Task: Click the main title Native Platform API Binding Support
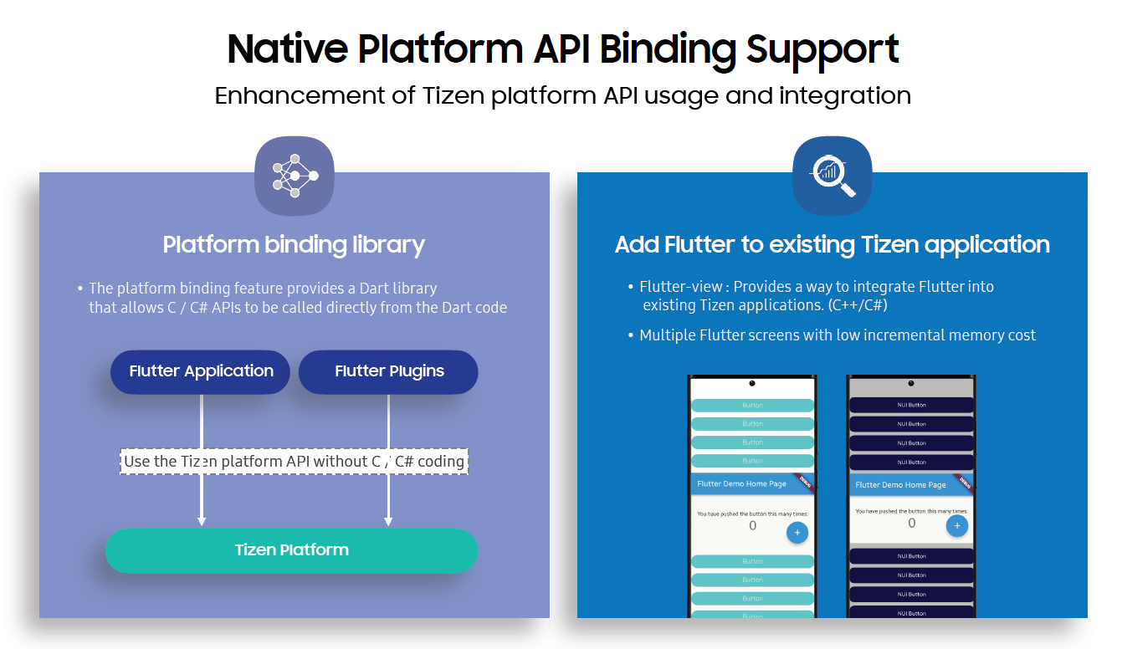click(x=562, y=49)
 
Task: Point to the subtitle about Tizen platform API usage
click(x=562, y=95)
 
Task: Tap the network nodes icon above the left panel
click(x=295, y=175)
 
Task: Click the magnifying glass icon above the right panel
click(x=832, y=175)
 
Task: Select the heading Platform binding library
click(x=294, y=244)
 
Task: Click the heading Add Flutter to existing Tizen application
click(x=832, y=244)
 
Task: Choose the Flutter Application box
click(x=201, y=371)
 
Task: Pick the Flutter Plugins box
click(x=389, y=371)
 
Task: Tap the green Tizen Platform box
click(x=291, y=550)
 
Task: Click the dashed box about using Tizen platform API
click(x=294, y=461)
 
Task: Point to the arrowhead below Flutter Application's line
click(x=202, y=521)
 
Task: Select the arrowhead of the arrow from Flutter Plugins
click(x=388, y=521)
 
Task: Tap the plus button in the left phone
click(x=797, y=532)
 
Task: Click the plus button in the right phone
click(x=957, y=525)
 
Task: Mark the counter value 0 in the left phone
click(x=752, y=525)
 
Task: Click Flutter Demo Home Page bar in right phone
click(x=901, y=484)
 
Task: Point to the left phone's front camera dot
click(x=752, y=383)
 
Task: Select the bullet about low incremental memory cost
click(x=837, y=335)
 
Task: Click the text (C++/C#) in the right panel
click(x=858, y=305)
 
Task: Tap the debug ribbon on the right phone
click(x=964, y=482)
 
